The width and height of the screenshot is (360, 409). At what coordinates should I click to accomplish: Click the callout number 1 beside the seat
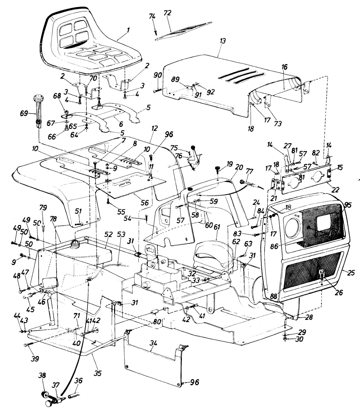coord(128,30)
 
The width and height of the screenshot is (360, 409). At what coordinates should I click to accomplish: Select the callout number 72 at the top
coord(168,13)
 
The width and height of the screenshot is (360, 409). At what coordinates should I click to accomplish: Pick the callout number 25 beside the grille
coord(351,273)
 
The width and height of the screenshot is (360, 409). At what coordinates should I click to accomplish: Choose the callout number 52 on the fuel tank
coord(108,234)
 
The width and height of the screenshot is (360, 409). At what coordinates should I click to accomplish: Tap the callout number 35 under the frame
coord(98,373)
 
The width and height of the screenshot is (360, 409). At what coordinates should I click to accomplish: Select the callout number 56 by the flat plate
coord(145,202)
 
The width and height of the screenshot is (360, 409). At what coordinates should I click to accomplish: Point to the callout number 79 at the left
coord(43,207)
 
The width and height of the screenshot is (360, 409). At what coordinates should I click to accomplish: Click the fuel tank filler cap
coord(75,244)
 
